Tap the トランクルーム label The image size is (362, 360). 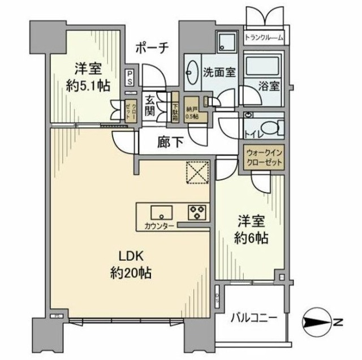(264, 38)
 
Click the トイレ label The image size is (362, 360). (253, 134)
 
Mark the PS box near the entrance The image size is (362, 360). (130, 77)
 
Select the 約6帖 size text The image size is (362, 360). (249, 237)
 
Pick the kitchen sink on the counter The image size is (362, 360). (161, 213)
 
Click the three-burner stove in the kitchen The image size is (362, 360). (197, 213)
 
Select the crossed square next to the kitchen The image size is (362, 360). (198, 173)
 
